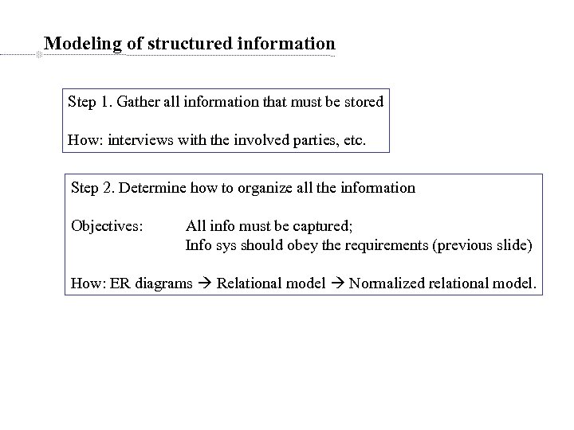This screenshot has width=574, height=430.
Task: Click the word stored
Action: tap(364, 102)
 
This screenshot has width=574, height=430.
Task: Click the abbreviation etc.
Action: tap(353, 141)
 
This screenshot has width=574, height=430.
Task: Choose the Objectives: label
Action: tap(107, 226)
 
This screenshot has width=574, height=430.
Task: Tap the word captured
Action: tap(320, 226)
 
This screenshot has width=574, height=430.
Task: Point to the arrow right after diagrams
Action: tap(205, 283)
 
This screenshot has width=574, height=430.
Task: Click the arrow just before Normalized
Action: tap(337, 283)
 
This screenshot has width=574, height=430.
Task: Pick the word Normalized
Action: tap(386, 283)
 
